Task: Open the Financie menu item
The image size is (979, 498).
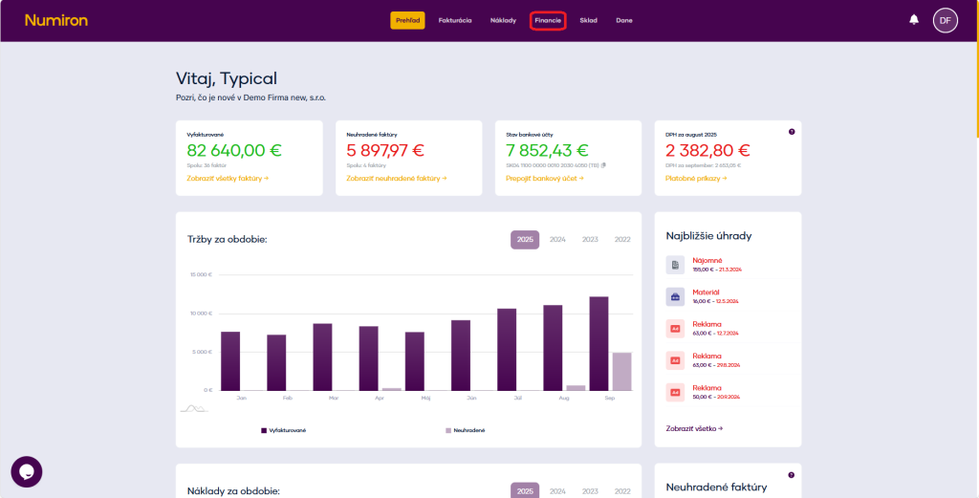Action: [548, 20]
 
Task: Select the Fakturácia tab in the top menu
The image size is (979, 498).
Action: [455, 20]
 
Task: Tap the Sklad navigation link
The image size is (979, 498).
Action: [588, 20]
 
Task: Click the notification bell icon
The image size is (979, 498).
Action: [914, 19]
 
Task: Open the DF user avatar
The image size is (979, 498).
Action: [945, 20]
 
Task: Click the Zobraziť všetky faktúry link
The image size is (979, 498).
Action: [228, 178]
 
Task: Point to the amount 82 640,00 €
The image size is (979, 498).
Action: [235, 150]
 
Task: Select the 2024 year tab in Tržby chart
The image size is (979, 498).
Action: [557, 239]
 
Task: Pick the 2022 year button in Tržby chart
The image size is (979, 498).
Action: [622, 239]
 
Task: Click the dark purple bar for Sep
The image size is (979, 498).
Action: [599, 343]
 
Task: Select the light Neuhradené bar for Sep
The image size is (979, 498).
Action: [621, 371]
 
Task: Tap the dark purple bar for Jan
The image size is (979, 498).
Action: [230, 360]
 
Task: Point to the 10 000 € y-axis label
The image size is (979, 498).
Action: [201, 314]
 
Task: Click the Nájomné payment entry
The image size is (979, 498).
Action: [707, 260]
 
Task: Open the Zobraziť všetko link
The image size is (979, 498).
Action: [694, 428]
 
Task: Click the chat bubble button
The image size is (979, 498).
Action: [27, 471]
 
